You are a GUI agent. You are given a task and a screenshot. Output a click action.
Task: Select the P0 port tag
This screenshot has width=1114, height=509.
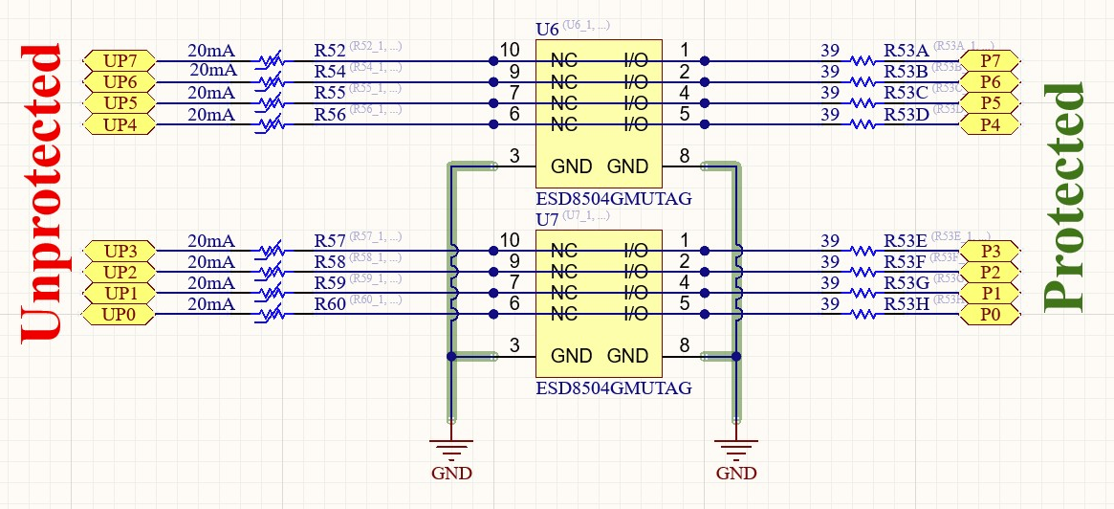(991, 315)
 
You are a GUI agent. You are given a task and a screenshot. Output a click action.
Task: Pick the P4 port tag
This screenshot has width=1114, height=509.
(991, 123)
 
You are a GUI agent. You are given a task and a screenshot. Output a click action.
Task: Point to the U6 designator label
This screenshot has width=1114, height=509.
(547, 29)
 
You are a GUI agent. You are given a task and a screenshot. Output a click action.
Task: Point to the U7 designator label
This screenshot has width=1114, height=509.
(547, 220)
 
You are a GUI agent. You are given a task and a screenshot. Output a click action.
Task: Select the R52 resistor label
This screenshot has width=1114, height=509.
(330, 50)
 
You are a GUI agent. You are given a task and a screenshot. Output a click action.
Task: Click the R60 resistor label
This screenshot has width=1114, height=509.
(330, 304)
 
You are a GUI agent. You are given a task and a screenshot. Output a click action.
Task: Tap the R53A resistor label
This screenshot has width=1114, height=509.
(906, 50)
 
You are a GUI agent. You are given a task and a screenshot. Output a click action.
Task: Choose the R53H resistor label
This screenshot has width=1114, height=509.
(906, 304)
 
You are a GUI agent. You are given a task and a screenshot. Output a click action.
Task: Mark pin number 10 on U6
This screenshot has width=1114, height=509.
(510, 50)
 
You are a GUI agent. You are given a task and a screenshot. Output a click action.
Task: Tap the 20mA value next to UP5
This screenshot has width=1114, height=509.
(211, 93)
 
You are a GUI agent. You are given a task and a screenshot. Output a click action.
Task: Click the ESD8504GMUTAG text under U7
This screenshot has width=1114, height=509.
(613, 389)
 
